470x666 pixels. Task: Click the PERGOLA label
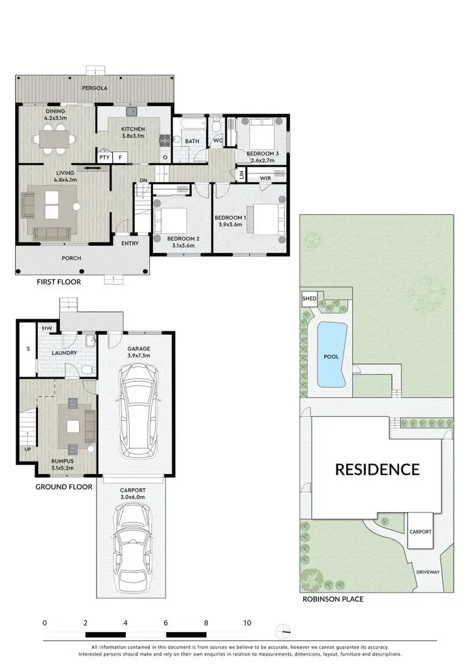[x=93, y=89]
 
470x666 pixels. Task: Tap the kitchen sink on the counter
[x=132, y=112]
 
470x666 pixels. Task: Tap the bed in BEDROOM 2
[x=170, y=221]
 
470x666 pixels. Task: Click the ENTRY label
[x=130, y=243]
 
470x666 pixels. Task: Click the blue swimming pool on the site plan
[x=331, y=356]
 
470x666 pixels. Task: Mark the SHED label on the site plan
[x=310, y=299]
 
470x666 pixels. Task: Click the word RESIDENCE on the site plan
[x=377, y=469]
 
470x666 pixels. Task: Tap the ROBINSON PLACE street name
[x=332, y=599]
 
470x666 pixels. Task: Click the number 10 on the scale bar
[x=247, y=623]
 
